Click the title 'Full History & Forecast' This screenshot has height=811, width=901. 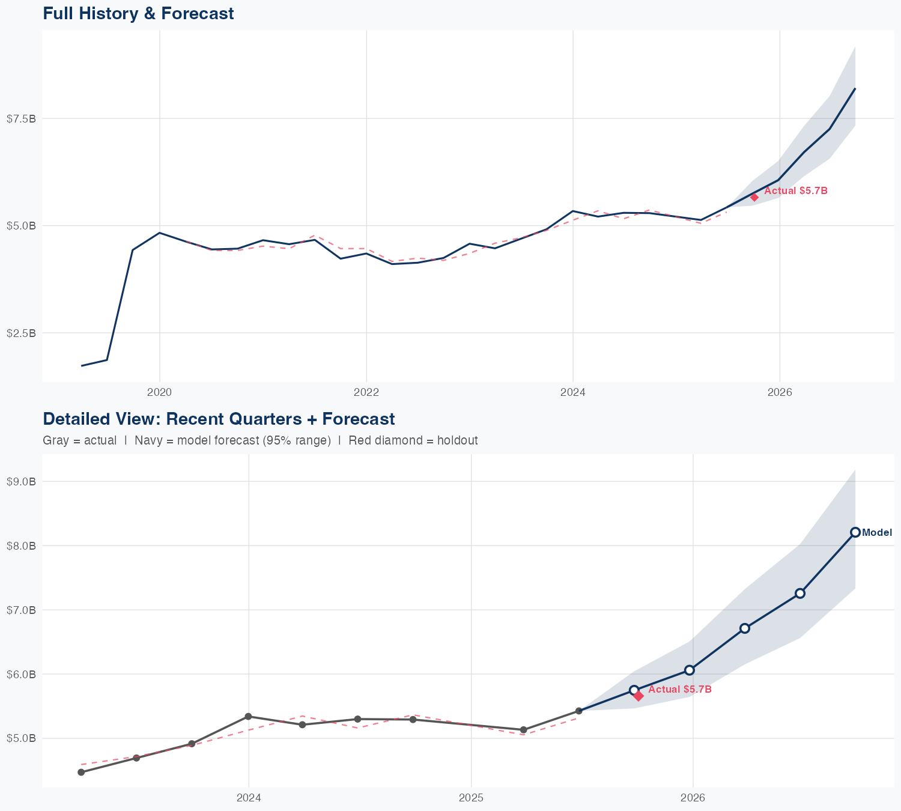138,13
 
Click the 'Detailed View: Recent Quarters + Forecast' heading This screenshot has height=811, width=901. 219,419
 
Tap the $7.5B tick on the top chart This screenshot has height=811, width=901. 21,119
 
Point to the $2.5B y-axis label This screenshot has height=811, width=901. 21,333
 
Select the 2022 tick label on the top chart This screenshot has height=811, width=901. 366,392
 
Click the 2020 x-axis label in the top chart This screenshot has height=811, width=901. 159,392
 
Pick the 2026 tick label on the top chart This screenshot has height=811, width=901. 780,392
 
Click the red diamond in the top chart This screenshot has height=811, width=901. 754,197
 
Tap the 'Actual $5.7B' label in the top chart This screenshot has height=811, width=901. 796,191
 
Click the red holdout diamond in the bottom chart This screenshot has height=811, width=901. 639,696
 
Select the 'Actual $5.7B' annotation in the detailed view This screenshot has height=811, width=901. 680,690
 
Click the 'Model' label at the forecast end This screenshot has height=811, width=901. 877,532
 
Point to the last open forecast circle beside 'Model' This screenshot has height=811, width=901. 855,532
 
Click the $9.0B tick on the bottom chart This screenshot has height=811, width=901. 21,482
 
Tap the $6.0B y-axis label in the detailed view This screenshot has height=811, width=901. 21,674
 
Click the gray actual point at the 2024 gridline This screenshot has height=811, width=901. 248,717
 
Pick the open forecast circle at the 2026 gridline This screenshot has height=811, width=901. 690,670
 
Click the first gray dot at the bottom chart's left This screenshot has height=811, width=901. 81,773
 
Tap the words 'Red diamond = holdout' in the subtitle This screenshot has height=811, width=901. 413,440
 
